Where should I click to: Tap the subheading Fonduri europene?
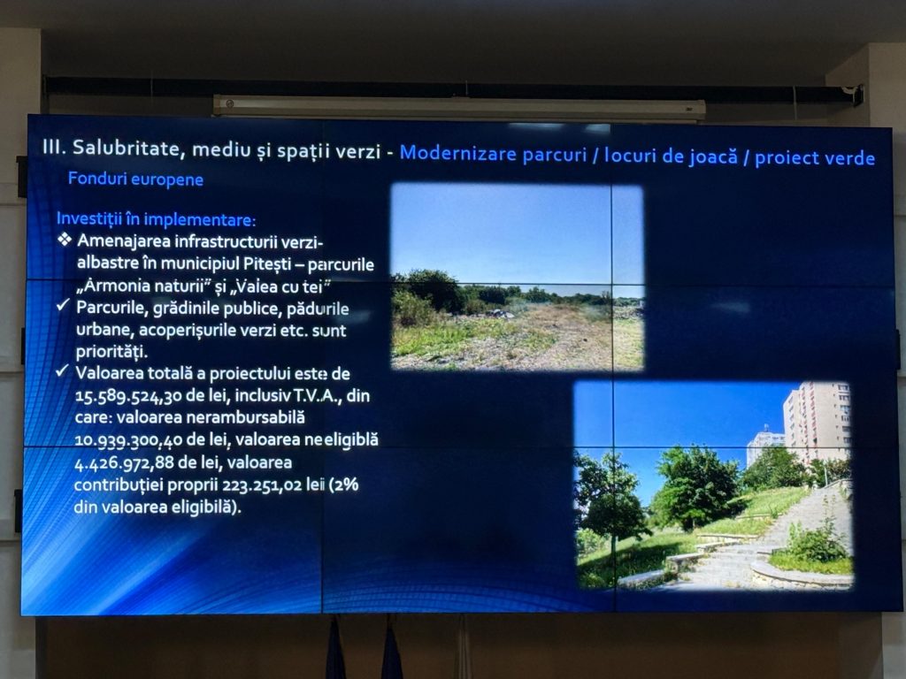pos(135,179)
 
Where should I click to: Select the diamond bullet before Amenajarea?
pos(65,239)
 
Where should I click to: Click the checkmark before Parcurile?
pos(64,304)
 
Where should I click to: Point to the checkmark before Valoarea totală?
pos(63,370)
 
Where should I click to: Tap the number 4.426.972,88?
pos(127,463)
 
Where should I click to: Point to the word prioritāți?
pos(112,352)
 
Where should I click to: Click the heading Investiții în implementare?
pos(156,219)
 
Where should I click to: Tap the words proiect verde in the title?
pos(815,158)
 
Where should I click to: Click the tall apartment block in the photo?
pos(816,422)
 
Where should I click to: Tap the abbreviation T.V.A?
pos(318,396)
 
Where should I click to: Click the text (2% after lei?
pos(344,484)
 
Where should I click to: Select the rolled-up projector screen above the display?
pos(459,107)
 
